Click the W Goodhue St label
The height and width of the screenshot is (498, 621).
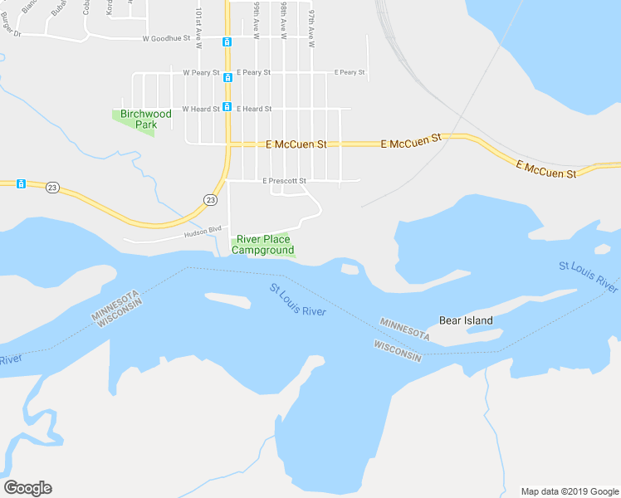click(x=166, y=38)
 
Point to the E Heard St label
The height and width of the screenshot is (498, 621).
click(x=254, y=109)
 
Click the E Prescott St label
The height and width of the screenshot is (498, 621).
click(x=285, y=181)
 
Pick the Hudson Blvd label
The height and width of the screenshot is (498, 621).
click(x=203, y=232)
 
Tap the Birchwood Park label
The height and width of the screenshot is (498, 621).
click(x=145, y=120)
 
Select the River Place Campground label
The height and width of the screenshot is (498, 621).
click(x=262, y=245)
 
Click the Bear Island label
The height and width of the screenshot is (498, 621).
click(x=466, y=320)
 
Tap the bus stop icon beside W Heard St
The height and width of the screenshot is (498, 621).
click(x=227, y=106)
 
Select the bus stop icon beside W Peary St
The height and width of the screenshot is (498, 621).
click(x=227, y=77)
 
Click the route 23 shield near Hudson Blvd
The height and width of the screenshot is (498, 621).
click(x=210, y=200)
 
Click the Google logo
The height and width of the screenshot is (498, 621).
click(x=27, y=488)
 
